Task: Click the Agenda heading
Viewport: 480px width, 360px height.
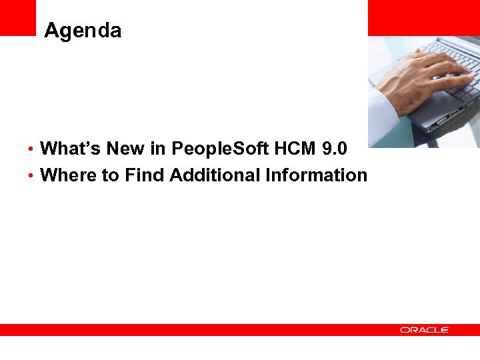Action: point(83,31)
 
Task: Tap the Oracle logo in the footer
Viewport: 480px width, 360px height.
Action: point(425,330)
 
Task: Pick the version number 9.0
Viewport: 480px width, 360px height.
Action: point(334,148)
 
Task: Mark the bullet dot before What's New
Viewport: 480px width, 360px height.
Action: point(33,149)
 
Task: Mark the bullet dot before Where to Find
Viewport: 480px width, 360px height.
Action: point(33,176)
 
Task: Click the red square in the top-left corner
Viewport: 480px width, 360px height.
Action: point(17,17)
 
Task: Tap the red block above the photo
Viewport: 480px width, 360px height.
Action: point(423,17)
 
